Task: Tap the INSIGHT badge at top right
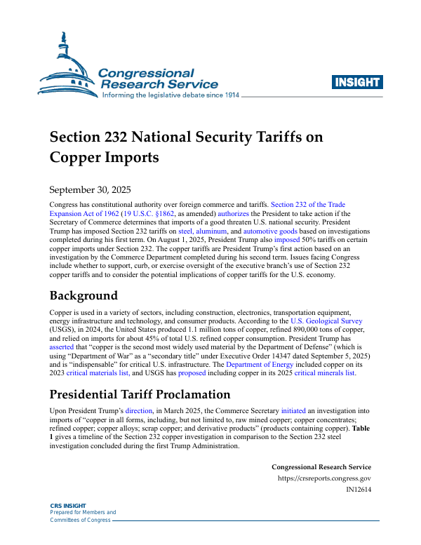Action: point(358,82)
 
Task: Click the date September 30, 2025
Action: point(90,189)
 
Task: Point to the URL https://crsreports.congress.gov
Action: point(324,479)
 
